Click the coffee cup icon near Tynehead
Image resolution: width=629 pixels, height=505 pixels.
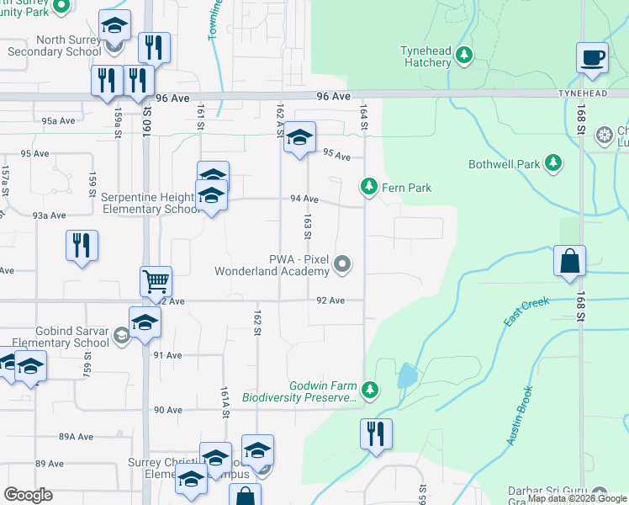(x=592, y=59)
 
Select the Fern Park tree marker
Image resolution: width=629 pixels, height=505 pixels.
(x=368, y=186)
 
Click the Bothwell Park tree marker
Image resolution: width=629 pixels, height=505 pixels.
(x=552, y=163)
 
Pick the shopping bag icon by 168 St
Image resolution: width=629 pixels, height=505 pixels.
(x=569, y=262)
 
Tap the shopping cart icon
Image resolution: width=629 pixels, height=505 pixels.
(x=156, y=281)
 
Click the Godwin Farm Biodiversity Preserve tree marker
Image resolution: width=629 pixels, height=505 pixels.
(x=368, y=389)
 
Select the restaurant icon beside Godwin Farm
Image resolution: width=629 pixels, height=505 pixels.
(x=375, y=434)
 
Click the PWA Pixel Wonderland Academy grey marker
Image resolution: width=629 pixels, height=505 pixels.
(x=341, y=265)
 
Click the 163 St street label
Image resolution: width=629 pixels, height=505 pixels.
(x=308, y=226)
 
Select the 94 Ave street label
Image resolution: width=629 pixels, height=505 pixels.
(x=304, y=199)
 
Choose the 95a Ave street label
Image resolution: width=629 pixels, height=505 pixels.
(x=60, y=121)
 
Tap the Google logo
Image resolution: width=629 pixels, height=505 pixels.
(x=28, y=495)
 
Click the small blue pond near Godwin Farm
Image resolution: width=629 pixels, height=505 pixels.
(x=406, y=375)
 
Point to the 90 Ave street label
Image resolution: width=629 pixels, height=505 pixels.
(x=167, y=410)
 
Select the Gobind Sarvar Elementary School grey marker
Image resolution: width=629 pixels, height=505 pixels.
(x=122, y=337)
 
